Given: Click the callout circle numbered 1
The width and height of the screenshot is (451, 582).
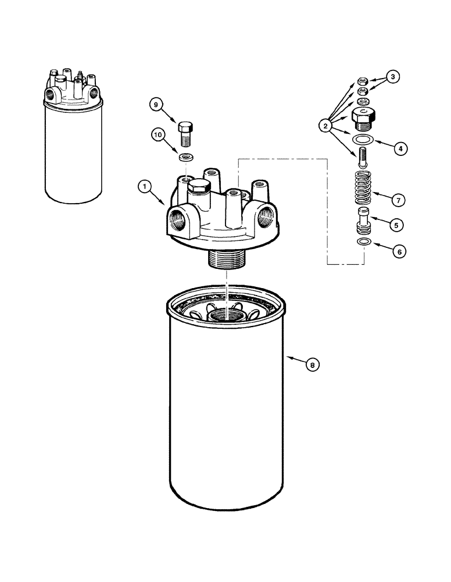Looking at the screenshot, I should coord(142,187).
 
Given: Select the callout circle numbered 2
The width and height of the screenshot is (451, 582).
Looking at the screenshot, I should coord(325,125).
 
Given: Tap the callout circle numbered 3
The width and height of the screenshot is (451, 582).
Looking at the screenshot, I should coord(393,76).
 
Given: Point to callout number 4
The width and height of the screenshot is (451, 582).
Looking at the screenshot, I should coord(398,148).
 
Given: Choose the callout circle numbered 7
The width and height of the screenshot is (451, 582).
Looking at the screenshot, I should coord(398,200).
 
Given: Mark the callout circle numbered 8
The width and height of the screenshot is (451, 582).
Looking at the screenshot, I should coord(312,365).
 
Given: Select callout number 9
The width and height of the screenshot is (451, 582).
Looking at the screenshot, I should coord(155,105).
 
